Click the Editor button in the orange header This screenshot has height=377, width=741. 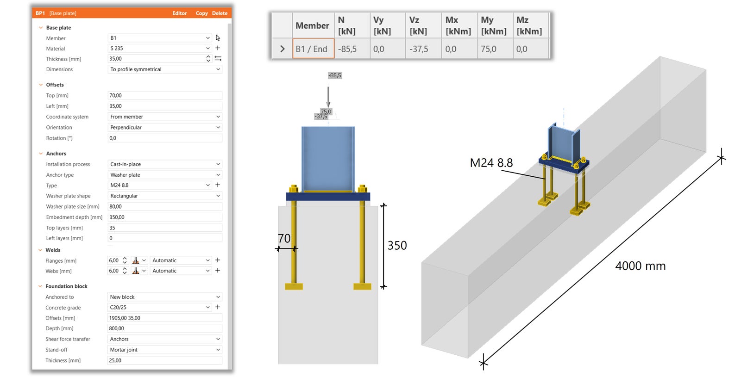tap(179, 13)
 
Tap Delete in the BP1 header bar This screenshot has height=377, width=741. tap(220, 13)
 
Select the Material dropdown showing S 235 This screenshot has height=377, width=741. tap(159, 48)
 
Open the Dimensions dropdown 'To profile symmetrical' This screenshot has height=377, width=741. tap(165, 69)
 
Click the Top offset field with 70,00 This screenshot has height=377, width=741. tap(165, 95)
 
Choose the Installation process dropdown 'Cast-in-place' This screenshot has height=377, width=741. tap(165, 164)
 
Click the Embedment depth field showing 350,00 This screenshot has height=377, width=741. tap(165, 217)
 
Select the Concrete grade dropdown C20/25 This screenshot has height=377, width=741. tap(159, 307)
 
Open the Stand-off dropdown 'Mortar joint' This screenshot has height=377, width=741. tap(165, 350)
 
